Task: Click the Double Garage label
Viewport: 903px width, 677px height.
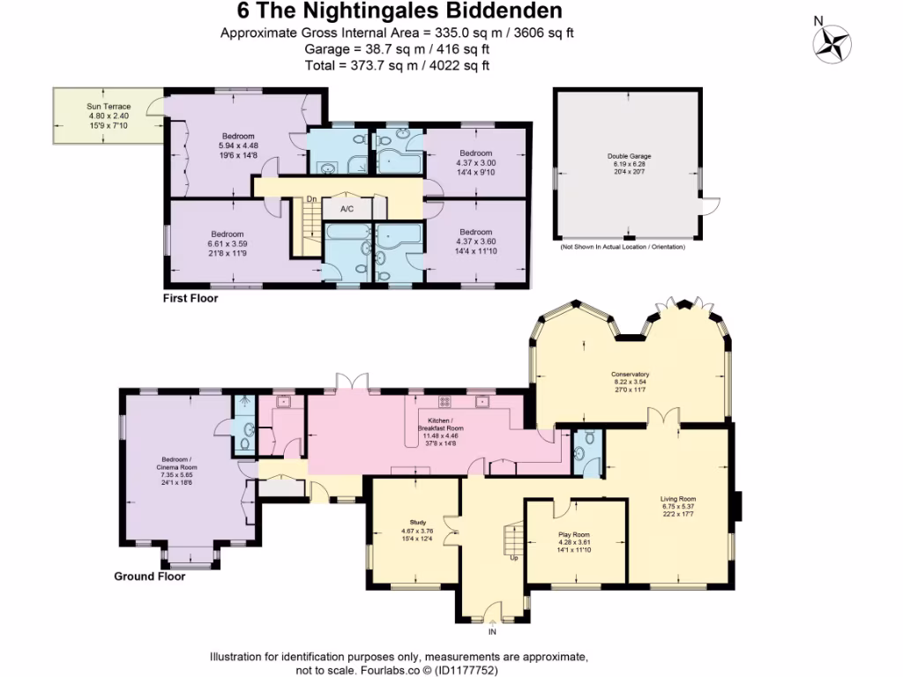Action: coord(629,156)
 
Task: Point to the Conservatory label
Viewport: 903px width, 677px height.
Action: coord(630,373)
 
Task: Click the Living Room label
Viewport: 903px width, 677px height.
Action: coord(678,500)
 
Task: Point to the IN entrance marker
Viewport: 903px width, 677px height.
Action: coord(492,632)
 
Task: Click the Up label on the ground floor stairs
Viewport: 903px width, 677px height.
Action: coord(513,558)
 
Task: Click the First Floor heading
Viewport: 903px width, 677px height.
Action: coord(190,299)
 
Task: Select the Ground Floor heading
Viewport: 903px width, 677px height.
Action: coord(149,577)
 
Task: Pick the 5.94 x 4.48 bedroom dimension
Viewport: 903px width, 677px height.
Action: coord(238,145)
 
